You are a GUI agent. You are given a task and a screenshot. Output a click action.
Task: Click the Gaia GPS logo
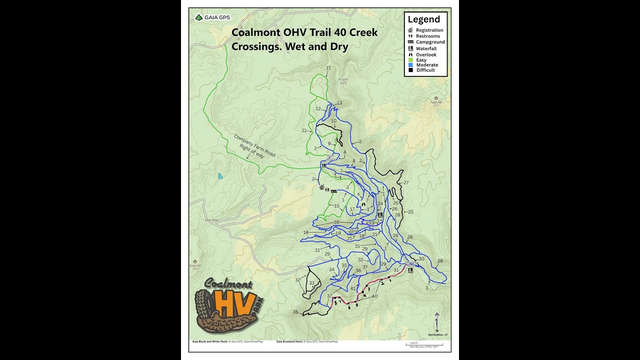click(212, 17)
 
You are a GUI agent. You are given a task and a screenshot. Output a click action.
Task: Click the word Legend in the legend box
click(423, 19)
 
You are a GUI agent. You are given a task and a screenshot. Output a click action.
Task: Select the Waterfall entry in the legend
click(425, 48)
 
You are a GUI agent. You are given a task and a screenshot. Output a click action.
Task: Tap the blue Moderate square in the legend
click(410, 65)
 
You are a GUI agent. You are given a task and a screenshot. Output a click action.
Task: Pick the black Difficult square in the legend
click(410, 70)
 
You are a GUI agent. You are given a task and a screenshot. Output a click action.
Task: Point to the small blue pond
click(220, 176)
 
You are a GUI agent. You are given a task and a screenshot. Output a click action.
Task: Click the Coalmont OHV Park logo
click(228, 305)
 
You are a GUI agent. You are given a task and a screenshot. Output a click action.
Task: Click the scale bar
click(423, 344)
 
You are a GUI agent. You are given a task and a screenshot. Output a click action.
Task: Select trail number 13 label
click(339, 103)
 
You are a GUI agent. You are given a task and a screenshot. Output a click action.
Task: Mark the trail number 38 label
click(295, 312)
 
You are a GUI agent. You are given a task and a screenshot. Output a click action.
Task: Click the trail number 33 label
click(311, 283)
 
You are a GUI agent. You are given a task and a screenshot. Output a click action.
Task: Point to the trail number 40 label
click(374, 296)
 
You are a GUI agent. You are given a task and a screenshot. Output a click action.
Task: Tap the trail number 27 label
click(406, 182)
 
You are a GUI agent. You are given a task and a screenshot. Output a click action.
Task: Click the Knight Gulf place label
click(342, 81)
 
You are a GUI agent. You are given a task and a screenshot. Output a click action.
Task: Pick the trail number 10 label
click(333, 121)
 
